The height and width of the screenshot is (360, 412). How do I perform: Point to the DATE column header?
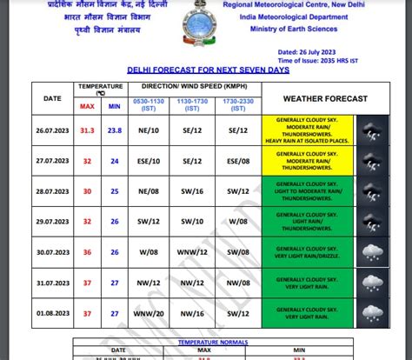pyautogui.click(x=52, y=98)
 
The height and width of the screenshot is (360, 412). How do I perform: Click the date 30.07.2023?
pyautogui.click(x=52, y=252)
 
